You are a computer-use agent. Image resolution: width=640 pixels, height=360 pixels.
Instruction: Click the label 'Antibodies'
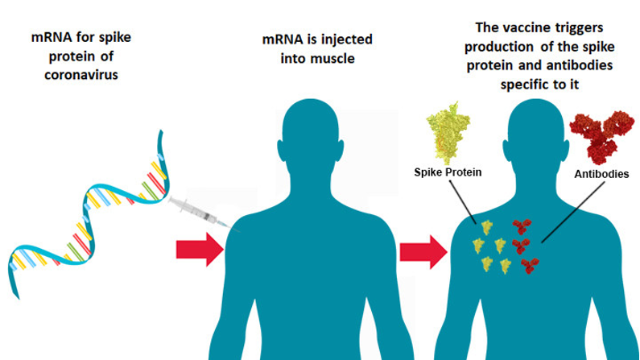pos(601,173)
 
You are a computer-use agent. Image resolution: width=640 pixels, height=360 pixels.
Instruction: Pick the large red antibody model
pos(599,137)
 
